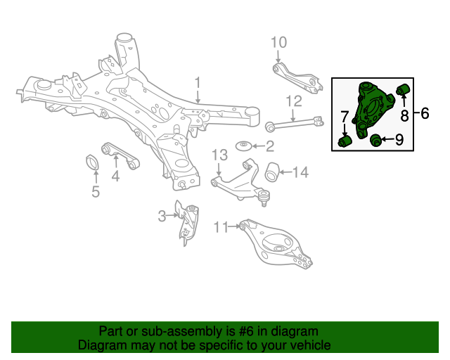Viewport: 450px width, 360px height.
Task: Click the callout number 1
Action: point(198,82)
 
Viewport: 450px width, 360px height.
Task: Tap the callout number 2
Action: point(269,146)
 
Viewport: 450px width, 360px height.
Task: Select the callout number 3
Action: point(162,216)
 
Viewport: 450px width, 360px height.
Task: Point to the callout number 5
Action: point(96,191)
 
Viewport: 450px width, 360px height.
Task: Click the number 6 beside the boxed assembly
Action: point(425,112)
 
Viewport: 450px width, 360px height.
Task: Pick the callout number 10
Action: point(278,41)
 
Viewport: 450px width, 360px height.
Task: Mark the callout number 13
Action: point(219,155)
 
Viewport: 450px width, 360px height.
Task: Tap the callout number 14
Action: point(300,171)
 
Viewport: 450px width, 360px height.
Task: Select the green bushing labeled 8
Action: point(404,89)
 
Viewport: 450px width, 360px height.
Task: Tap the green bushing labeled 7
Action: point(345,142)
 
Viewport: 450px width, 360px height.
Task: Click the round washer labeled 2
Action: point(244,146)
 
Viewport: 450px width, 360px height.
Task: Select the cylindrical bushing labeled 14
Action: point(274,170)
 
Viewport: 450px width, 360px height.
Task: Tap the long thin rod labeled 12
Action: point(295,124)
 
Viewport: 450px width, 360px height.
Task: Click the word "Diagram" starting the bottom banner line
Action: point(101,346)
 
